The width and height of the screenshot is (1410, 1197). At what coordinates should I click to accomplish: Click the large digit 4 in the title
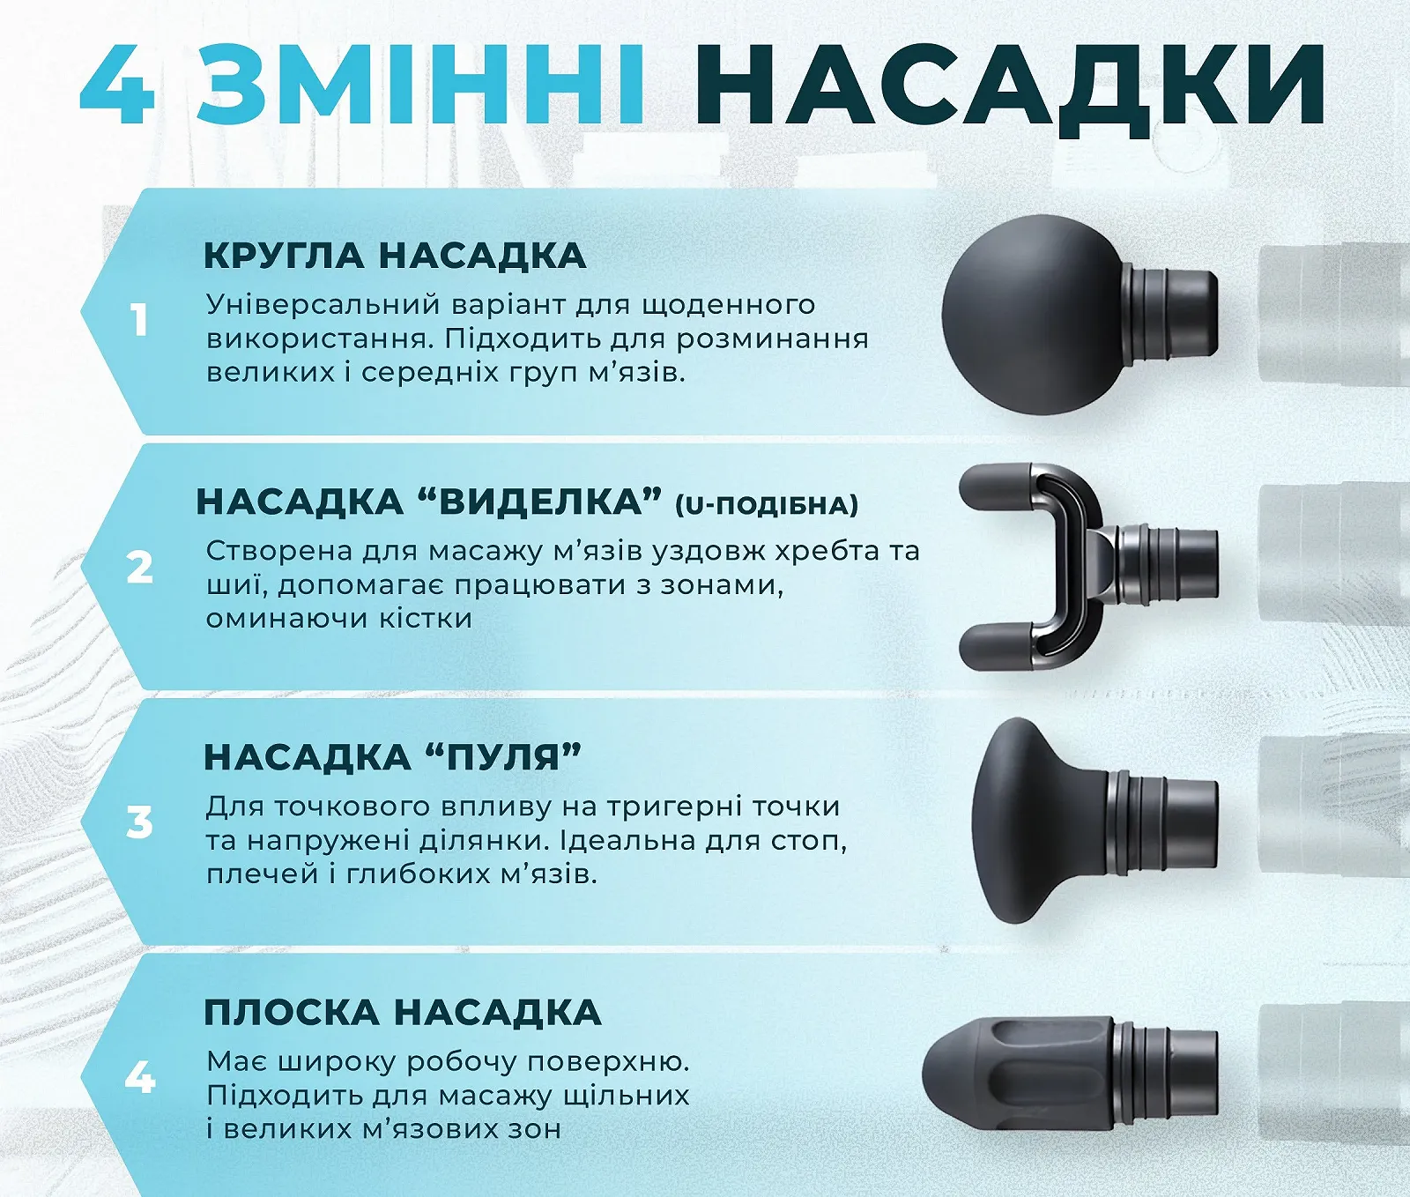pyautogui.click(x=119, y=85)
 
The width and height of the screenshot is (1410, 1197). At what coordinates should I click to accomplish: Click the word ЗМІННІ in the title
pyautogui.click(x=421, y=85)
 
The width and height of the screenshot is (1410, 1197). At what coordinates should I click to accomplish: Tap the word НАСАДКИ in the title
pyautogui.click(x=1010, y=86)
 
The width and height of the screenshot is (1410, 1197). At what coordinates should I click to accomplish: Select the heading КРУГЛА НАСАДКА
pyautogui.click(x=394, y=256)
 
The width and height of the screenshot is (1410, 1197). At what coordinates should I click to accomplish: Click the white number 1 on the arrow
pyautogui.click(x=139, y=320)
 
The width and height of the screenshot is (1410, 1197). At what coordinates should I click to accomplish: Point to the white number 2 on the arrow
pyautogui.click(x=139, y=568)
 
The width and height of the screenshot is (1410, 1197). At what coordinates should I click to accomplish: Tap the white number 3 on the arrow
pyautogui.click(x=139, y=822)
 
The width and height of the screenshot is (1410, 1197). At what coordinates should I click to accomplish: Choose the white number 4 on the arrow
pyautogui.click(x=139, y=1077)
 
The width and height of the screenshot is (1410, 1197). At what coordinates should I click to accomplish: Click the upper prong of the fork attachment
pyautogui.click(x=996, y=487)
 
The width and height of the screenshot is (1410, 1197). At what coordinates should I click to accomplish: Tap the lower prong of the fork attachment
pyautogui.click(x=996, y=645)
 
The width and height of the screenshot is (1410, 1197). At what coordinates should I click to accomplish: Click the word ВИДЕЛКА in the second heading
pyautogui.click(x=540, y=502)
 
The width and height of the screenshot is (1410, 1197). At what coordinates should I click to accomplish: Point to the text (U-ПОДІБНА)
pyautogui.click(x=766, y=505)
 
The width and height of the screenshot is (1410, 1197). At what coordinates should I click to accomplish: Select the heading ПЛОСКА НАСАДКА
pyautogui.click(x=402, y=1012)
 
